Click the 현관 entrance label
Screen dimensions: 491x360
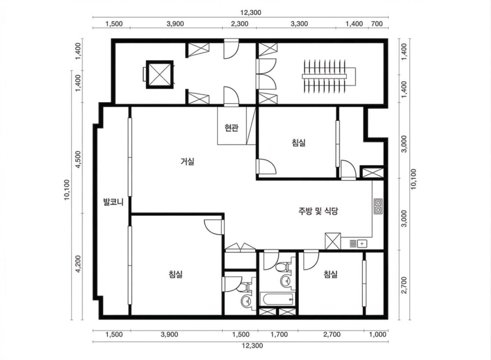click(x=231, y=128)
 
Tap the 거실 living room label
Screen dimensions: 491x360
click(x=188, y=162)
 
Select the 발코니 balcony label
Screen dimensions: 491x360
click(x=114, y=202)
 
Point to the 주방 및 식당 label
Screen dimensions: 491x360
click(x=318, y=211)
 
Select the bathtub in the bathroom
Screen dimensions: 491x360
click(x=277, y=299)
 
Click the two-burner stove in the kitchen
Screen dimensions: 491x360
click(x=377, y=206)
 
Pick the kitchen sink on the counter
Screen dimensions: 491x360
click(x=358, y=243)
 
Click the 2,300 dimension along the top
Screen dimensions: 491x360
click(x=239, y=24)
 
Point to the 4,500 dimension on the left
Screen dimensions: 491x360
click(x=78, y=160)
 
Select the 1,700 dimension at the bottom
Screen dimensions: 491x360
click(x=279, y=334)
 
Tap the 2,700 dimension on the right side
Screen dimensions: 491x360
click(x=404, y=285)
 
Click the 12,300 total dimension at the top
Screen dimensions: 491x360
click(x=250, y=12)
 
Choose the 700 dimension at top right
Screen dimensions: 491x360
click(x=377, y=24)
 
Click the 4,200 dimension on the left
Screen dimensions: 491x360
click(x=78, y=264)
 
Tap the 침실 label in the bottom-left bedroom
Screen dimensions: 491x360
click(x=176, y=275)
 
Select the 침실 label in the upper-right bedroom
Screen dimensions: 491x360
click(x=298, y=143)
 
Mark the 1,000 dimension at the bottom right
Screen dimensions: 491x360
click(x=377, y=334)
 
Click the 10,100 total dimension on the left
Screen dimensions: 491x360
click(x=67, y=190)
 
